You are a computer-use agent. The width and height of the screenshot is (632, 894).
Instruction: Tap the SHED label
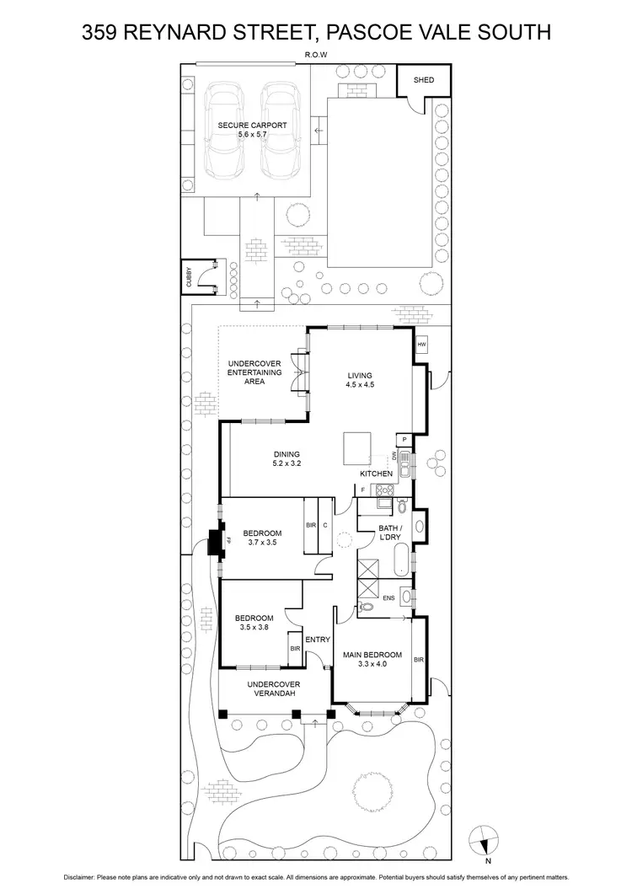(423, 80)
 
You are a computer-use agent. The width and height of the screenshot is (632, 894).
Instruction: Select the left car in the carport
(226, 128)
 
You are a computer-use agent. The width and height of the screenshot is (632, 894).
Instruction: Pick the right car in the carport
(280, 128)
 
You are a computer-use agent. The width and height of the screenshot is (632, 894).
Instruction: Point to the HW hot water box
(421, 344)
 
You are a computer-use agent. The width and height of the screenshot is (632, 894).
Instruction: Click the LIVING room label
(360, 376)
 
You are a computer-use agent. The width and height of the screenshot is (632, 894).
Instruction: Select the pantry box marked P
(404, 439)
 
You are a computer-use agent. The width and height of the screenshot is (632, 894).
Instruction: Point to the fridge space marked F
(362, 490)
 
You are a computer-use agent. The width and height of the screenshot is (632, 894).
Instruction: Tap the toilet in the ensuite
(367, 607)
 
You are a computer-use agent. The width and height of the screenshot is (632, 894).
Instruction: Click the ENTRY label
(317, 640)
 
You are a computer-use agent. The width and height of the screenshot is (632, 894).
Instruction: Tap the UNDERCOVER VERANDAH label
(274, 689)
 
